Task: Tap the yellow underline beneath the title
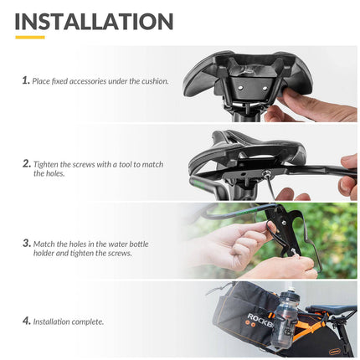tap(29, 38)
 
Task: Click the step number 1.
tap(25, 80)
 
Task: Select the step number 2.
tap(25, 164)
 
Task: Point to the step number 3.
tap(25, 244)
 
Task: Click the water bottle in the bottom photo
tap(289, 322)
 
